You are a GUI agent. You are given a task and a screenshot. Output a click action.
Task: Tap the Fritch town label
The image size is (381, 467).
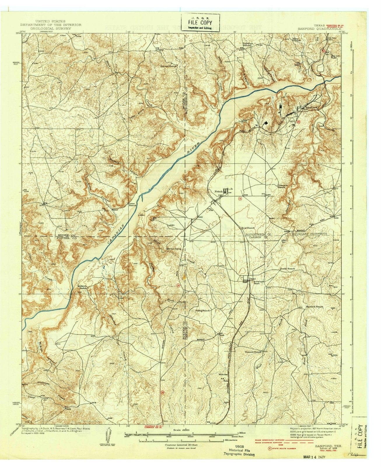pos(219,191)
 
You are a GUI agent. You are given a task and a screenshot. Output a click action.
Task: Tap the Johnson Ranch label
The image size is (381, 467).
pos(283,186)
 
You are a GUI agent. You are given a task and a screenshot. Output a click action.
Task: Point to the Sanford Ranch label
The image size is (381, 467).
pos(314,307)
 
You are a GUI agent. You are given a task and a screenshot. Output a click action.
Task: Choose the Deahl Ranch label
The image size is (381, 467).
pos(287,269)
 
